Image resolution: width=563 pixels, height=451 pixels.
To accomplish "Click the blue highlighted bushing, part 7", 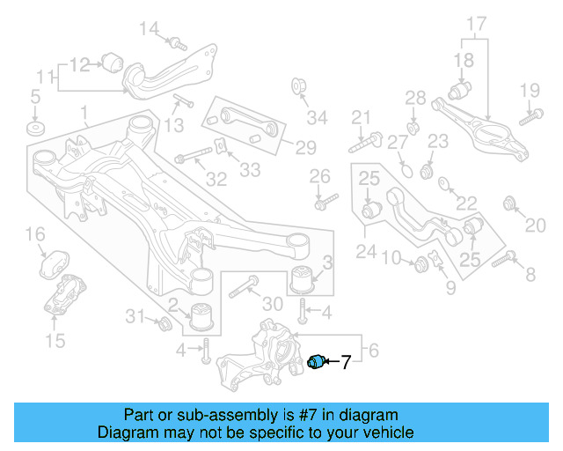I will pyautogui.click(x=318, y=360).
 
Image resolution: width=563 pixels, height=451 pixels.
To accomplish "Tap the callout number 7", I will pyautogui.click(x=346, y=361).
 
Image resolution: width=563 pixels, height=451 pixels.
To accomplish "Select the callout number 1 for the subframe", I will pyautogui.click(x=84, y=114).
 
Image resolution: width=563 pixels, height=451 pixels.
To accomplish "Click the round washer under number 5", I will pyautogui.click(x=35, y=129).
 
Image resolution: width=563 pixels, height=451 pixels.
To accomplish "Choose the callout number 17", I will pyautogui.click(x=476, y=24).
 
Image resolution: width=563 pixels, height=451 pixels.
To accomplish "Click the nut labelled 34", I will pyautogui.click(x=297, y=87).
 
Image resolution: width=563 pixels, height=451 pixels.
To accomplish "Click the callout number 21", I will pyautogui.click(x=362, y=117).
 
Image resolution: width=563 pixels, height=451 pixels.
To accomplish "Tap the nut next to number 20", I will pyautogui.click(x=509, y=206).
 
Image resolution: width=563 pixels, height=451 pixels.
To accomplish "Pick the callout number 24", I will pyautogui.click(x=365, y=252).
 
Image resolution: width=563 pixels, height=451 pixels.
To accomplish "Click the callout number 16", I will pyautogui.click(x=34, y=233).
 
